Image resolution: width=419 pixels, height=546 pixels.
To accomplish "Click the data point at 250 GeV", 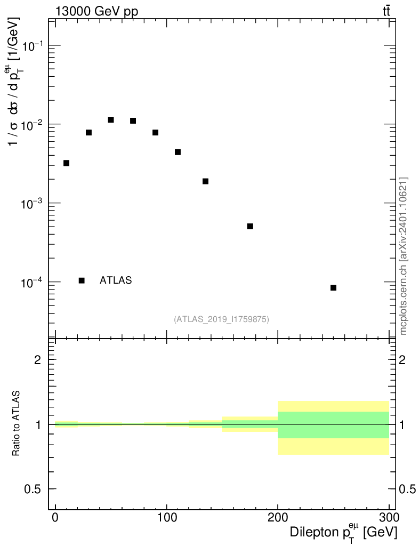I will (333, 287).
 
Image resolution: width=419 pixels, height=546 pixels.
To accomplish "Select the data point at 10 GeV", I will (67, 163).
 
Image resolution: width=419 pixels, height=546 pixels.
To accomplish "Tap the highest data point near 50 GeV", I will (111, 120).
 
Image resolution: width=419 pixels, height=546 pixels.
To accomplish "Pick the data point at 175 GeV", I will (250, 226).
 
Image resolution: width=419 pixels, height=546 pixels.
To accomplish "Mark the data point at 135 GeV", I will (205, 181).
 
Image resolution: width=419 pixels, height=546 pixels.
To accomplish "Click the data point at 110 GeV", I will (178, 152).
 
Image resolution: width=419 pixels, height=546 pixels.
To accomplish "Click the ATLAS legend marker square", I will (82, 280).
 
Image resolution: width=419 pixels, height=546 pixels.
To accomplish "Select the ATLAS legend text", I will (116, 280).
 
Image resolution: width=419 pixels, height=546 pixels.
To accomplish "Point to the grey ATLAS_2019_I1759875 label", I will (221, 319).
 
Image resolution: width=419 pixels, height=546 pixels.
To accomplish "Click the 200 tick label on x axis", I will (278, 518).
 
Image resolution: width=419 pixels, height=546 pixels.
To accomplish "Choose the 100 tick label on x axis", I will (167, 518).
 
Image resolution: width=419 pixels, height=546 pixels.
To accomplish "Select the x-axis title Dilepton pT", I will (344, 532).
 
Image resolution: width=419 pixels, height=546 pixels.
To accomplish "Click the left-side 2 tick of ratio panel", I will (38, 359).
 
